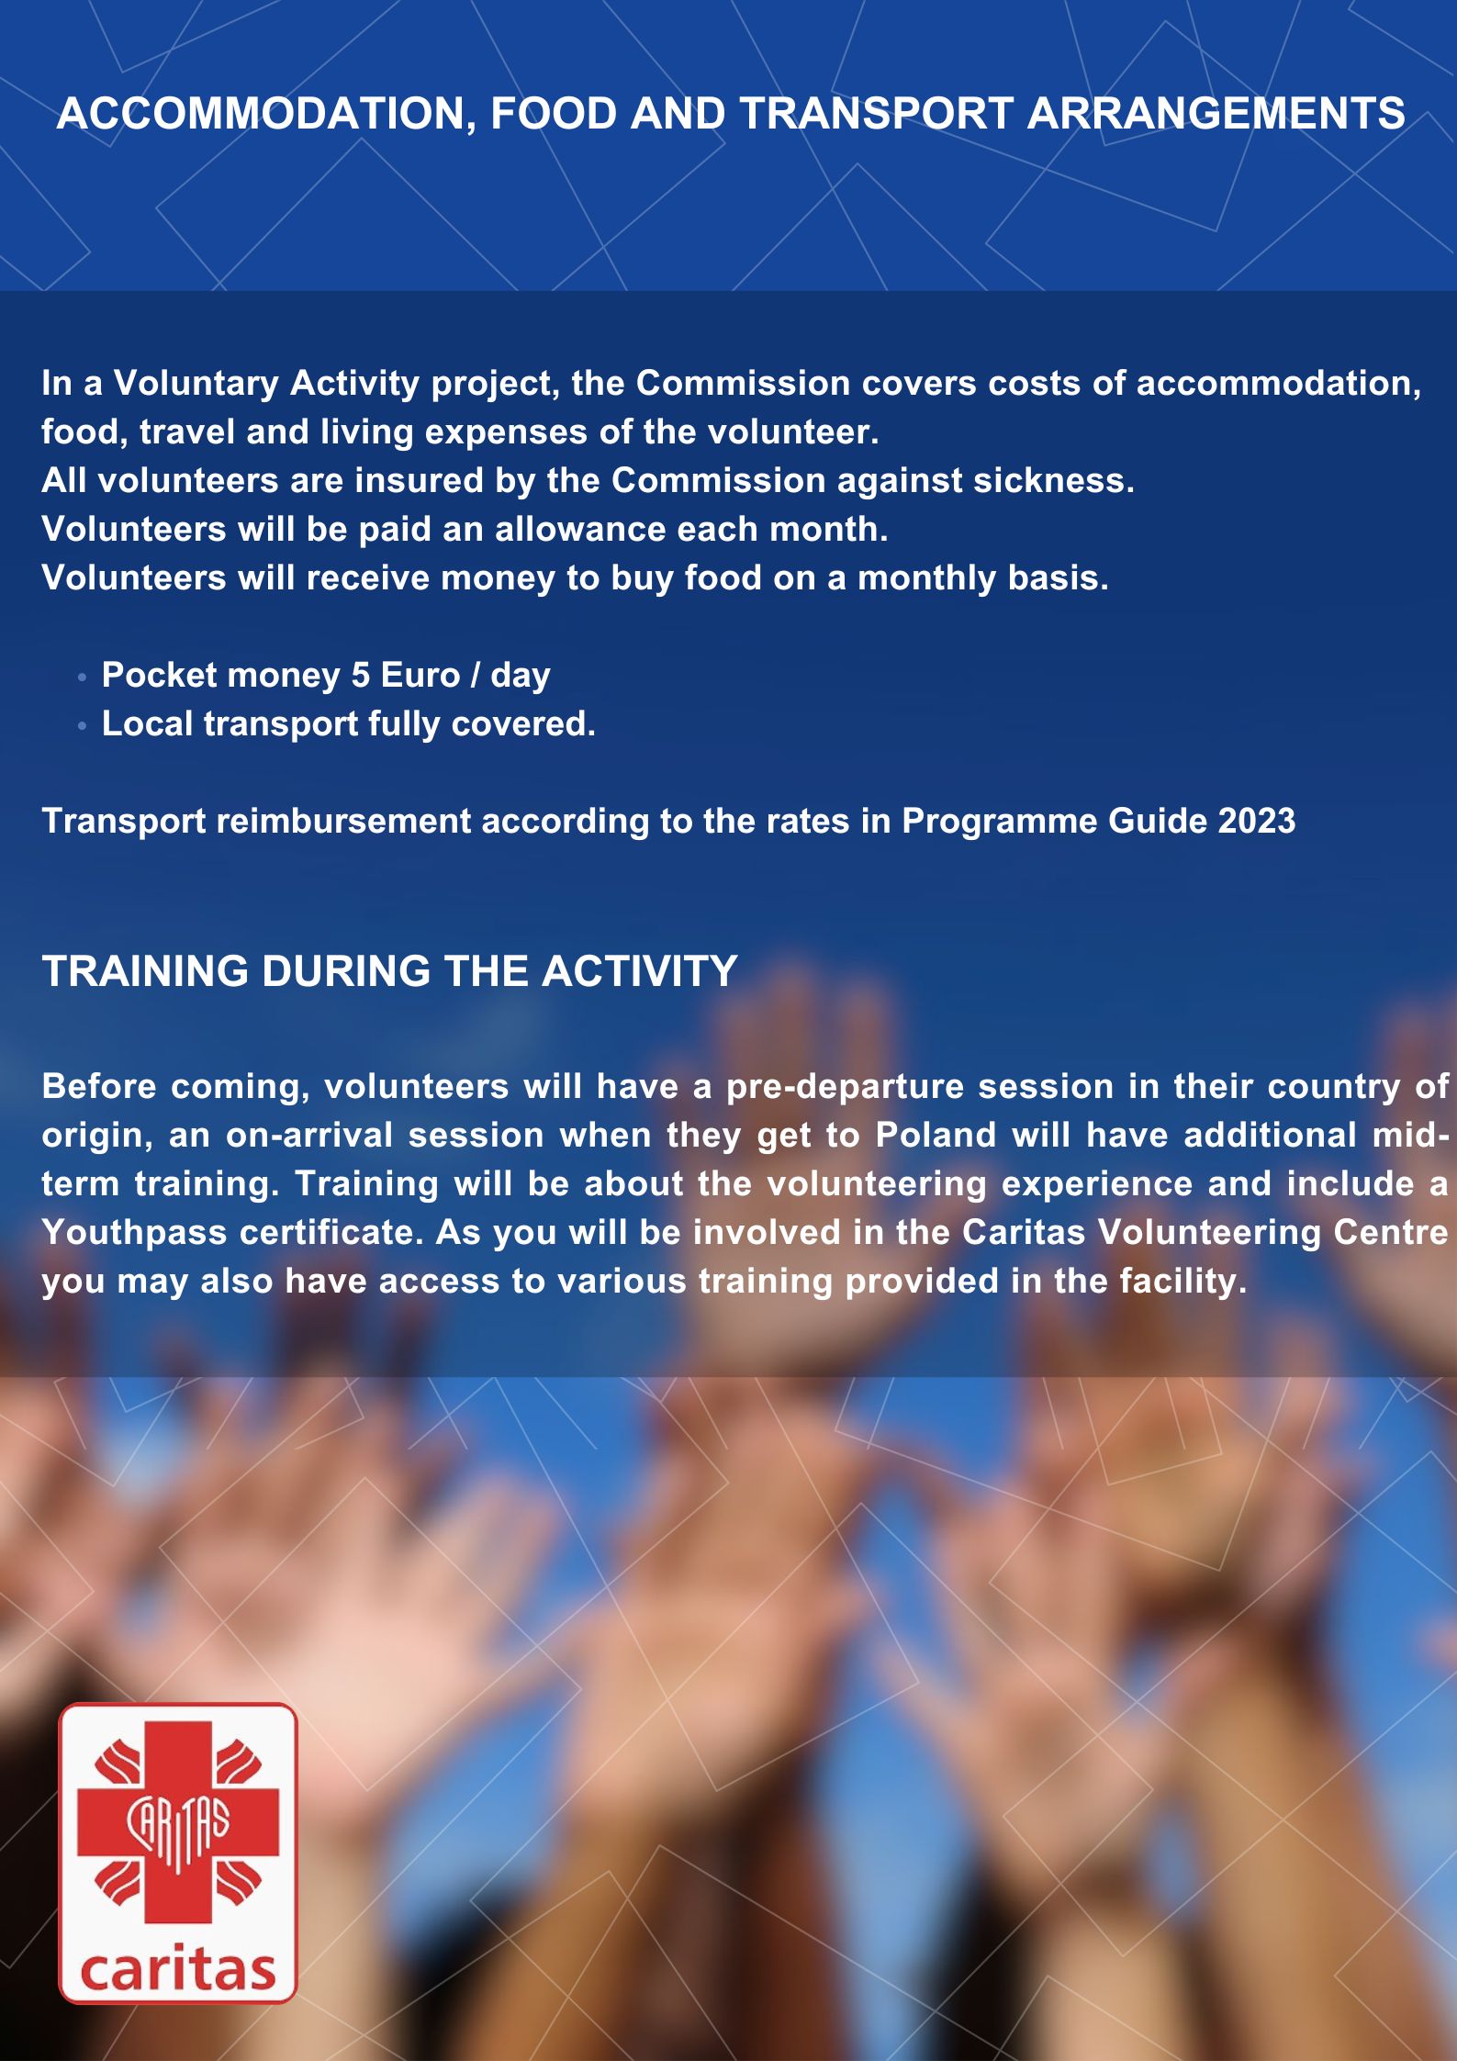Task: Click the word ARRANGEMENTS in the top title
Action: tap(1216, 114)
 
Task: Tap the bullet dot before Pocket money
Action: tap(83, 677)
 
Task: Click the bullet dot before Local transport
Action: tap(83, 725)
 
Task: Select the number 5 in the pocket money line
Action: tap(360, 675)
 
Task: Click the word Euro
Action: tap(420, 675)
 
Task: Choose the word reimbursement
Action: tap(342, 821)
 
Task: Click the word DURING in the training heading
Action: tap(345, 970)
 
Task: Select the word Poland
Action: tap(935, 1135)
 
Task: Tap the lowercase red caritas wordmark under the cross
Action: tap(177, 1969)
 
